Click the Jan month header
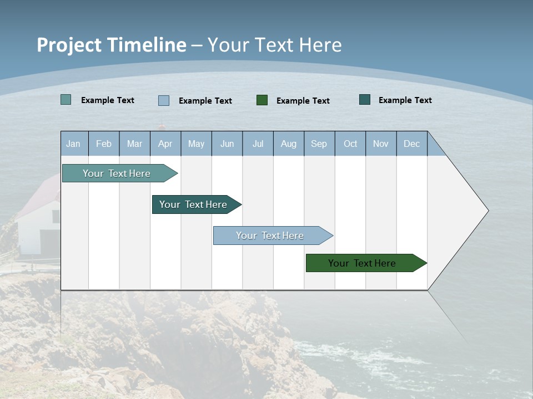tap(73, 144)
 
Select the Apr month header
tap(165, 144)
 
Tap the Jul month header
tap(258, 144)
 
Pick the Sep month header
tap(319, 144)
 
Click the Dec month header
tap(411, 144)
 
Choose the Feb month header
tap(104, 144)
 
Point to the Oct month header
tap(350, 144)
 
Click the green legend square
tap(262, 100)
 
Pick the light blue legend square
tap(164, 100)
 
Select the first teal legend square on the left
tap(66, 100)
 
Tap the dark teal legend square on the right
tap(365, 100)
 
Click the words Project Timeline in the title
tap(112, 45)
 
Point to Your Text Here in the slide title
tap(274, 45)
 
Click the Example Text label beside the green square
tap(303, 100)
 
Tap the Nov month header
tap(381, 144)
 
